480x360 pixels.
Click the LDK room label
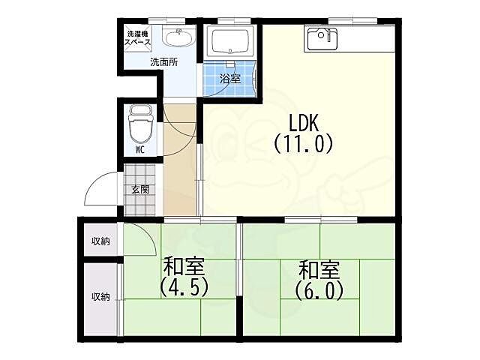(304, 122)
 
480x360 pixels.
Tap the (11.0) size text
(303, 144)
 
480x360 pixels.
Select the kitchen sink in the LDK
(322, 39)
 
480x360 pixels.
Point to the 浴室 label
(230, 79)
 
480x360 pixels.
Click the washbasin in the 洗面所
(179, 38)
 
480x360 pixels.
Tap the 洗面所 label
(164, 62)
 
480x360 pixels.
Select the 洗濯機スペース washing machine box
(138, 38)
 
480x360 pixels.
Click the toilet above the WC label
(140, 124)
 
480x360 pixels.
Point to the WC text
(140, 150)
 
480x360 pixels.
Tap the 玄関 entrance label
(140, 190)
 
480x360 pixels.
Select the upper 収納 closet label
(100, 241)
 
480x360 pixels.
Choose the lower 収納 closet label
(100, 297)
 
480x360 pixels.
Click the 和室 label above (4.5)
(184, 266)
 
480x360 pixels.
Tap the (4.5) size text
(184, 287)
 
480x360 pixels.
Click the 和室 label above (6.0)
(319, 269)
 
